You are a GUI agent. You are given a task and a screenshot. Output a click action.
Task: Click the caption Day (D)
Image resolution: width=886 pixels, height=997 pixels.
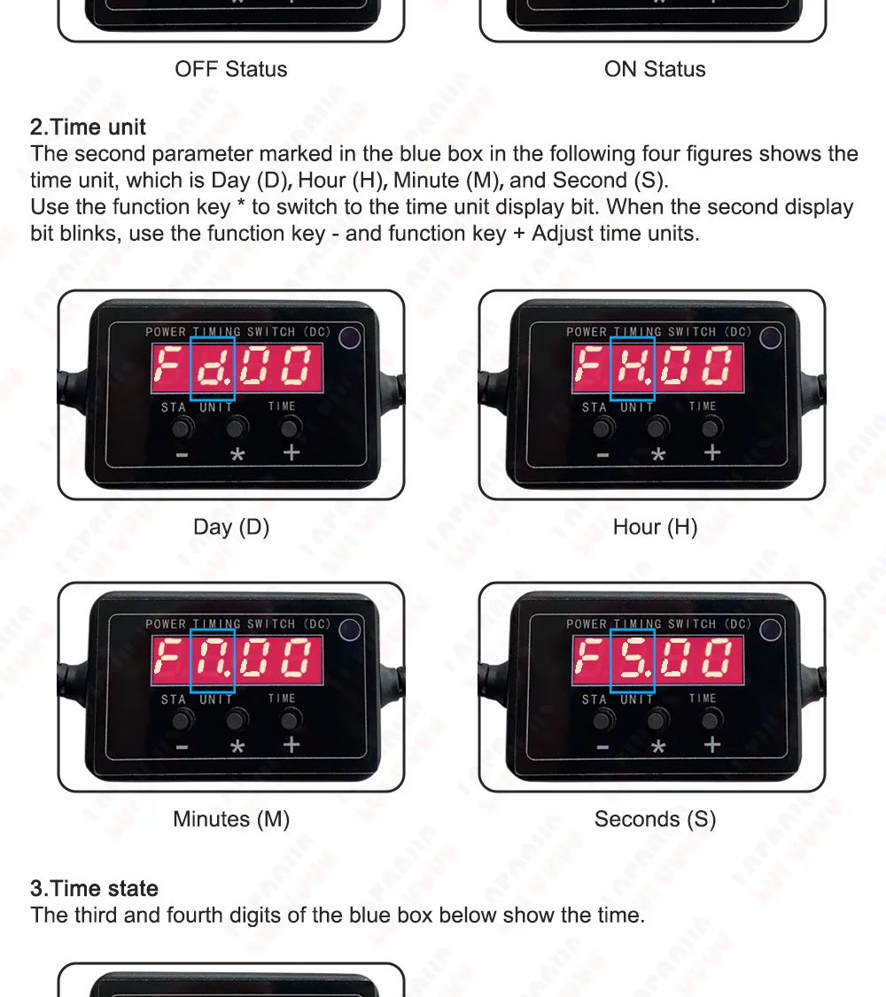[x=231, y=527]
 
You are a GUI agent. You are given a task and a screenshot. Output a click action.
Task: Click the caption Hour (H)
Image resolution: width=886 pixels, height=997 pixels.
[x=655, y=527]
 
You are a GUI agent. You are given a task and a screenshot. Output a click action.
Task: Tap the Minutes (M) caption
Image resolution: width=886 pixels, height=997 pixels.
[x=231, y=819]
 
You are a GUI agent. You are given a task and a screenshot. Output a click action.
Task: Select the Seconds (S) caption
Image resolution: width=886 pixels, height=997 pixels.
[x=655, y=819]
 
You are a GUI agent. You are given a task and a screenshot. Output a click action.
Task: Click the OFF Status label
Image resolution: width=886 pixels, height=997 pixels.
[x=231, y=69]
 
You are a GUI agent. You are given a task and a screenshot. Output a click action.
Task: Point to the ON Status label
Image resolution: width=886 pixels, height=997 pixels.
[x=655, y=69]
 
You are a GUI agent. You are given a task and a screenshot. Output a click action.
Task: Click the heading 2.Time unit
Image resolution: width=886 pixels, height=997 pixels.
[x=88, y=128]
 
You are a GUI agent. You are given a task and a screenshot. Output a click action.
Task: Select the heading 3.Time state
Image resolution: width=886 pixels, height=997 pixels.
[x=94, y=888]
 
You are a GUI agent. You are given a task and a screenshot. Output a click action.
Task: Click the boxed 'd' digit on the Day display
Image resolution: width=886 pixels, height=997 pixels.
[x=213, y=368]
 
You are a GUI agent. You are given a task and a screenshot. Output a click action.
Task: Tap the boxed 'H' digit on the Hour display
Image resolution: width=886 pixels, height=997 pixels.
[x=633, y=368]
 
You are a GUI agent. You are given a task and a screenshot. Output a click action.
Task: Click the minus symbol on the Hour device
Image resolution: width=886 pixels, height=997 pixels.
[x=603, y=455]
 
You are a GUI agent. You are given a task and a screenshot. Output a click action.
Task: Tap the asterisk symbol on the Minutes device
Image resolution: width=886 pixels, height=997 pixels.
[x=237, y=746]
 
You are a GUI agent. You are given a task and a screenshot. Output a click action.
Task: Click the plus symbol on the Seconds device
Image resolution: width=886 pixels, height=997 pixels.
[x=712, y=745]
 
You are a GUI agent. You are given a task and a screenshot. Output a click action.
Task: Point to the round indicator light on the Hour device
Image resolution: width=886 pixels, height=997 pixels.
[x=770, y=337]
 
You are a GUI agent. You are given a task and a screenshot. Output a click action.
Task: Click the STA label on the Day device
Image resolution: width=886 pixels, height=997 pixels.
[x=173, y=407]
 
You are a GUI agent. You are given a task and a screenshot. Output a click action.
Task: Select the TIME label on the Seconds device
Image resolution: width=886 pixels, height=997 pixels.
[x=703, y=698]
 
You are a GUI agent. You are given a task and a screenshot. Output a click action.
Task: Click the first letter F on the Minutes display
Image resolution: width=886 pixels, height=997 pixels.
[x=167, y=658]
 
